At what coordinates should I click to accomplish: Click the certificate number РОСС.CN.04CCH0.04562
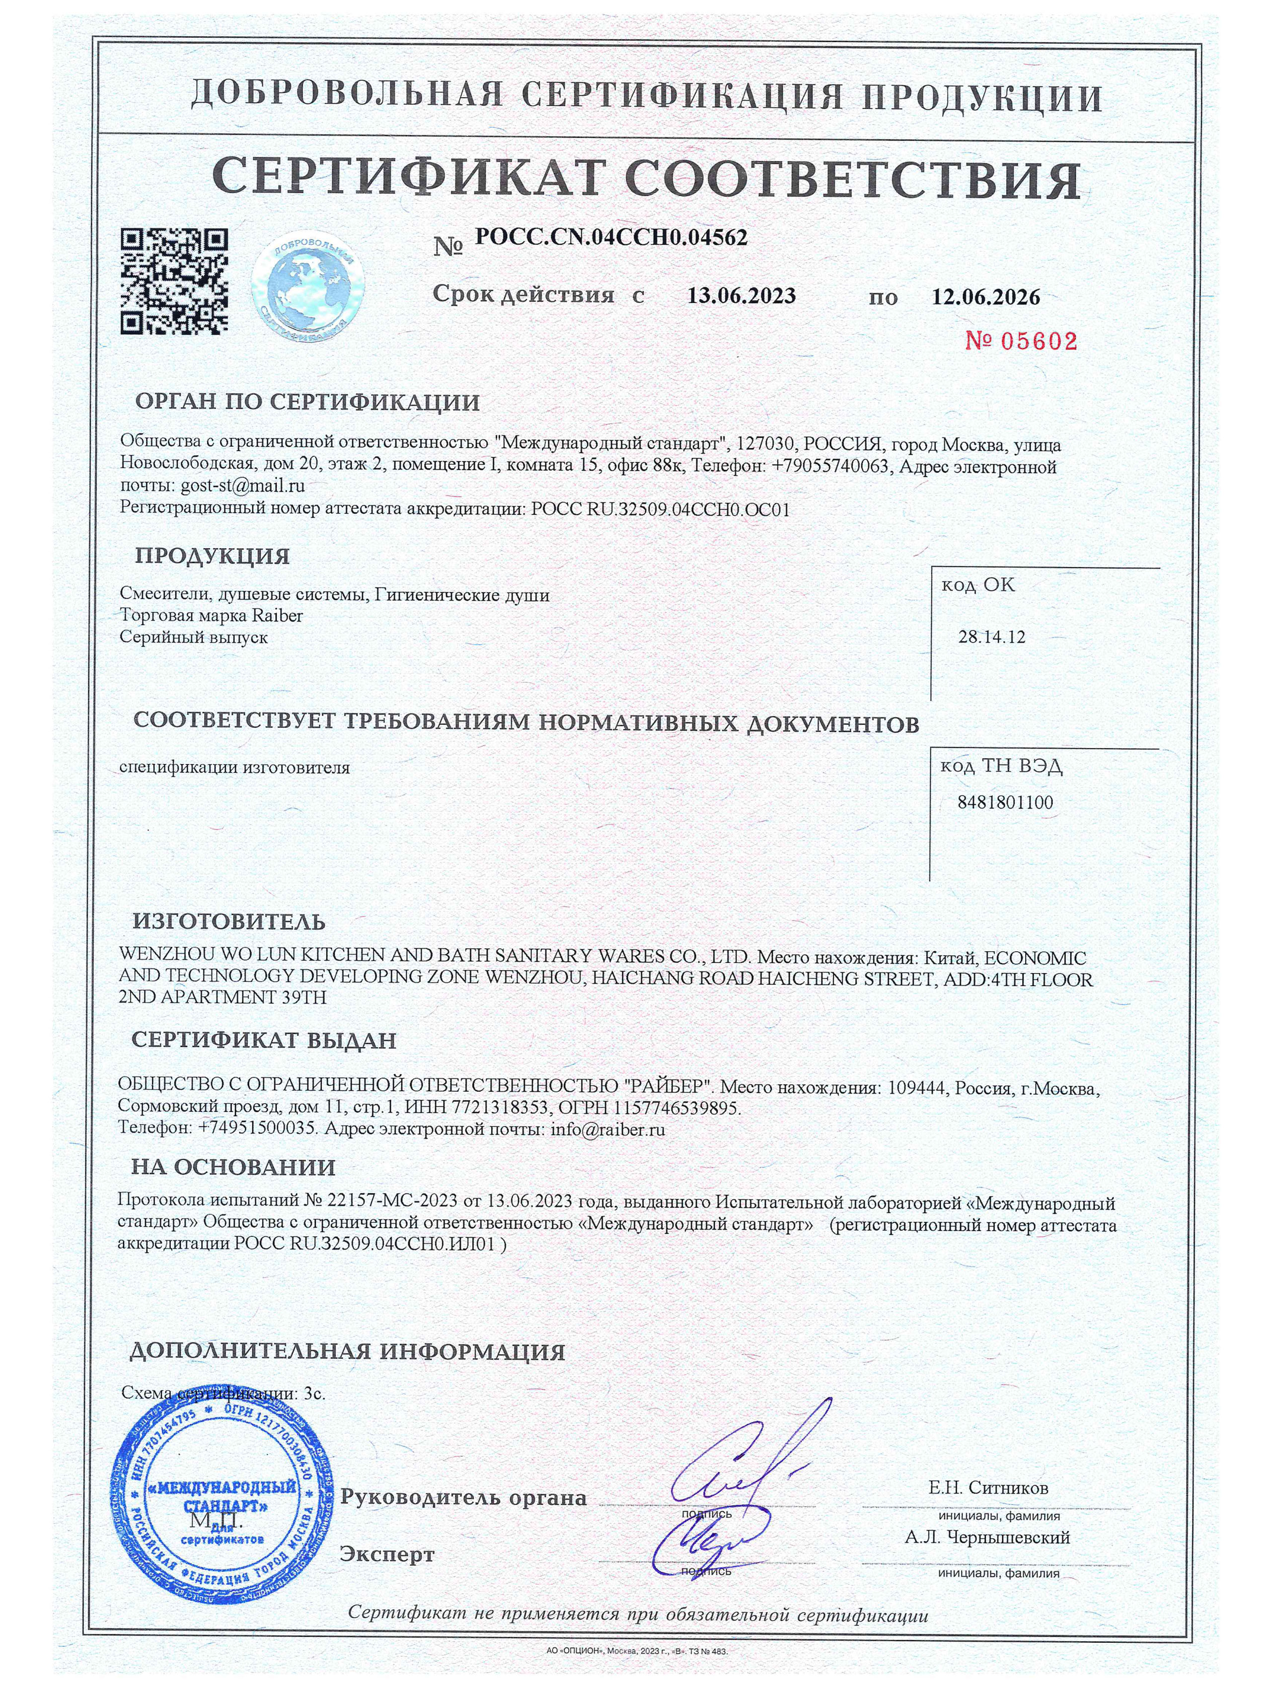pos(611,237)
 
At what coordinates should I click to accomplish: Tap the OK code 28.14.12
pos(991,637)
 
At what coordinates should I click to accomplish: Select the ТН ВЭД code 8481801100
pos(1004,802)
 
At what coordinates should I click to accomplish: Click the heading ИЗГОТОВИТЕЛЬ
pos(229,921)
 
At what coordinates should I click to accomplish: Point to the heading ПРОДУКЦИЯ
pos(212,556)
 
